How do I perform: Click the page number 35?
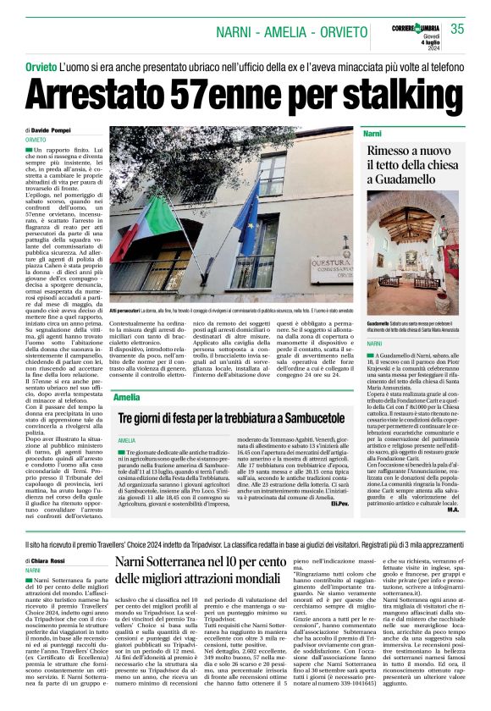(x=457, y=29)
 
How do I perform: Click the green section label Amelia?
(x=127, y=397)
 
